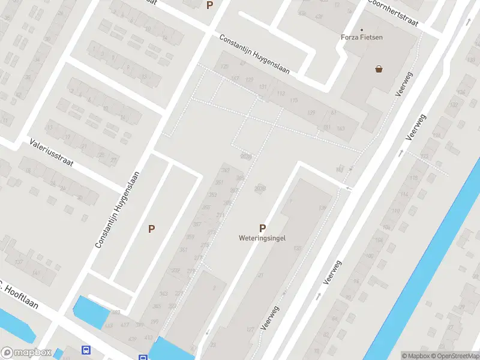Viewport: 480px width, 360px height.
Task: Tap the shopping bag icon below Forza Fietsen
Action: click(379, 68)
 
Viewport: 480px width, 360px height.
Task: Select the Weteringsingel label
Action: click(262, 238)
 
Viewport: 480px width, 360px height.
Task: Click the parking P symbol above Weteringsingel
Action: click(262, 228)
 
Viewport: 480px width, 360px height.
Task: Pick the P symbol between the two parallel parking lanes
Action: click(152, 229)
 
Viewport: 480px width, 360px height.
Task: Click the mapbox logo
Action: click(26, 353)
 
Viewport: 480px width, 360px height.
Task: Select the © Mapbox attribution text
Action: click(415, 356)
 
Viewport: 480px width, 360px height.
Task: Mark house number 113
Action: click(281, 93)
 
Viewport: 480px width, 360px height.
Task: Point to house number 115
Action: click(293, 100)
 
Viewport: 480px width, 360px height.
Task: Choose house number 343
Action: click(164, 293)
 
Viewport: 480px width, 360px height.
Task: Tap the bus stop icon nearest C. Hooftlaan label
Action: click(86, 350)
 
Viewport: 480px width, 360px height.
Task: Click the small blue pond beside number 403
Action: click(89, 311)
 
